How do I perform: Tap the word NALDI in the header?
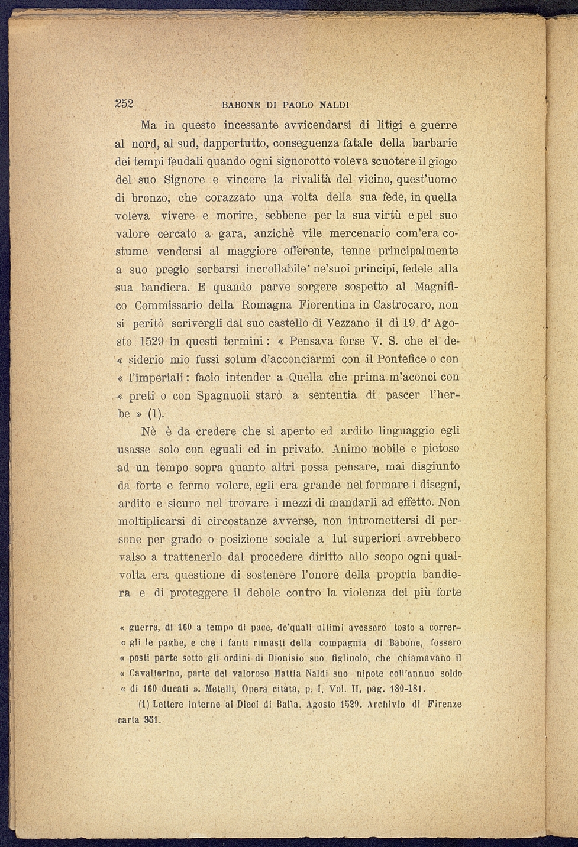coord(334,105)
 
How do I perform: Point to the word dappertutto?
coord(233,143)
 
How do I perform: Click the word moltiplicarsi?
coord(151,521)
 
